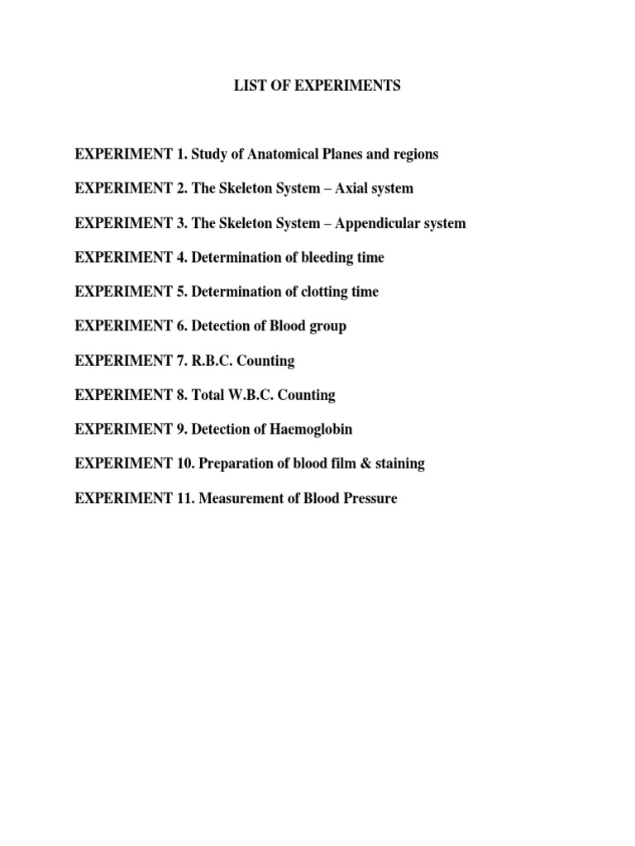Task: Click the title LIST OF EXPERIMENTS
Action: tap(317, 86)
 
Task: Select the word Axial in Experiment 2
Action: tap(351, 188)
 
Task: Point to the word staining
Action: tap(399, 464)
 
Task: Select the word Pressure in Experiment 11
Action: tap(367, 498)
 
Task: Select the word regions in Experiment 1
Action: tap(413, 155)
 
